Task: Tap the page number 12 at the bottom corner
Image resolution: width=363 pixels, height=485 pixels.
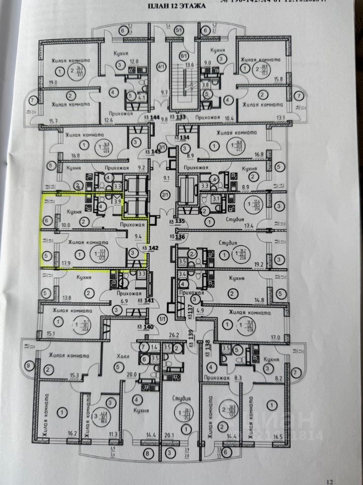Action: tap(330, 481)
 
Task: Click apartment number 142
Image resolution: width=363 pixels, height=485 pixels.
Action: tap(151, 248)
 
